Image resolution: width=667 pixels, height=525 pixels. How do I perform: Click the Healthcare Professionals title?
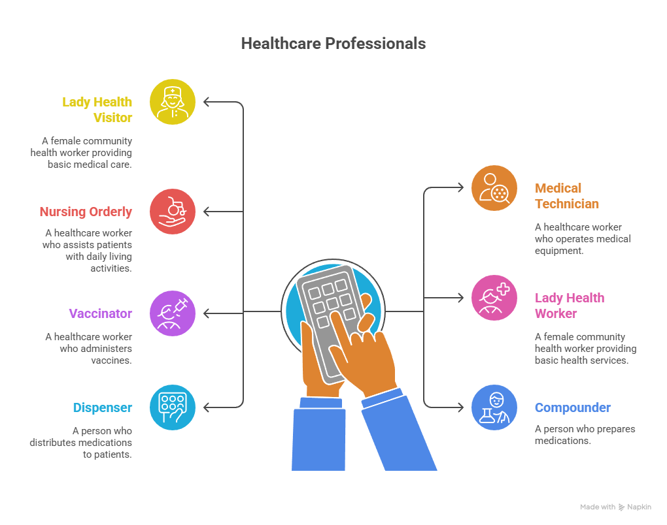coord(333,44)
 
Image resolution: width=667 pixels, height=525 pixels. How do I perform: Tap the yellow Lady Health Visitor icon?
coord(173,102)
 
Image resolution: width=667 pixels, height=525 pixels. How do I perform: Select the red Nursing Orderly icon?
coord(173,212)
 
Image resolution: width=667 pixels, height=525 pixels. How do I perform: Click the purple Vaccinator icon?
coord(173,313)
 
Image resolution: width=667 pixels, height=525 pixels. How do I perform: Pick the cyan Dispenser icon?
coord(173,407)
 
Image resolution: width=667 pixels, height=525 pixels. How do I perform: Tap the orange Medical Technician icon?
coord(494,188)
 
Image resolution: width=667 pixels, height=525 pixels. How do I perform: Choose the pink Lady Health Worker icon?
coord(494,298)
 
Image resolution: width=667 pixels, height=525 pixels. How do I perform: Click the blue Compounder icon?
coord(494,407)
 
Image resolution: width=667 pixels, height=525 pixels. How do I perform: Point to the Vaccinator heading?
coord(101,313)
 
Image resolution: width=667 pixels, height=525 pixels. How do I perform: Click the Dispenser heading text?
coord(103,407)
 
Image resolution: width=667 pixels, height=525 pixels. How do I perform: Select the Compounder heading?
coord(573,407)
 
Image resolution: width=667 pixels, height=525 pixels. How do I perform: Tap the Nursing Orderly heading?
coord(86,212)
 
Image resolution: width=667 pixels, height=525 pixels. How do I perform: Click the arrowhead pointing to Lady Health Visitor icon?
coord(207,102)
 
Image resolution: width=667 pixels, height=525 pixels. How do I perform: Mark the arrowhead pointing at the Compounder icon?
coord(460,407)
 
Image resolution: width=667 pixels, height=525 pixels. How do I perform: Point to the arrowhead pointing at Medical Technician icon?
coord(460,188)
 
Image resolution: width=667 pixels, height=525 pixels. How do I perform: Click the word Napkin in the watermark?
coord(639,507)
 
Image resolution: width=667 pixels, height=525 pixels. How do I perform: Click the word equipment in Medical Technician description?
coord(559,251)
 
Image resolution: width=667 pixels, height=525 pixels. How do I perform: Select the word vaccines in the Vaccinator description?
coord(111,360)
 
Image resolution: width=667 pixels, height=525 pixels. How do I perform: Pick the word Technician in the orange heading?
coord(566,204)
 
